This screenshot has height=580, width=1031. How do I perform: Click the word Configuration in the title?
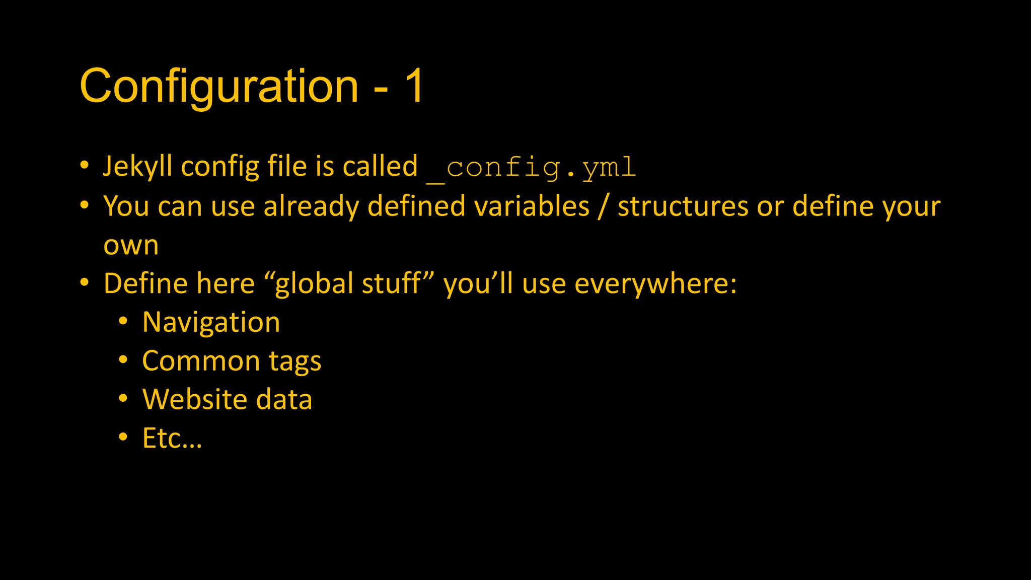pos(219,87)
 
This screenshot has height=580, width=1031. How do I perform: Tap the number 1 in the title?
pos(415,87)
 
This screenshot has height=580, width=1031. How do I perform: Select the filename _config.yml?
pos(532,168)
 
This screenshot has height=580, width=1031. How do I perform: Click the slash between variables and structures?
pos(603,207)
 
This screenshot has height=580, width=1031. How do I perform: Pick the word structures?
pos(683,206)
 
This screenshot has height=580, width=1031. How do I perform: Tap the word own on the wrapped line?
pos(131,246)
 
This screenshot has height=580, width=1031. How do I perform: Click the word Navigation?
pos(211,323)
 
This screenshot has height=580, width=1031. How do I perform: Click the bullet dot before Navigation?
pos(123,322)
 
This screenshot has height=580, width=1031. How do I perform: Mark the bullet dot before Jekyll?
pos(85,166)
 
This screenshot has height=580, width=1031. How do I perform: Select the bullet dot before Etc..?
pos(123,437)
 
